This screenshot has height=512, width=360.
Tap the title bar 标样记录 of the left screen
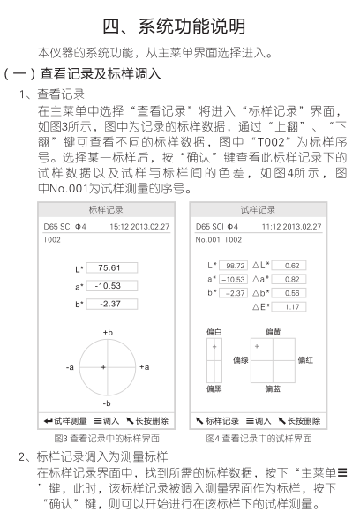107,210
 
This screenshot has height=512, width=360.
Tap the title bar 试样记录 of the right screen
258,210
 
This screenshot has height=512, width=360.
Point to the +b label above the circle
108,332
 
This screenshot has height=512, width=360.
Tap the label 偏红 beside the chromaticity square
305,359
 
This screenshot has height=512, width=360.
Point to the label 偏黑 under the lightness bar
214,388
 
